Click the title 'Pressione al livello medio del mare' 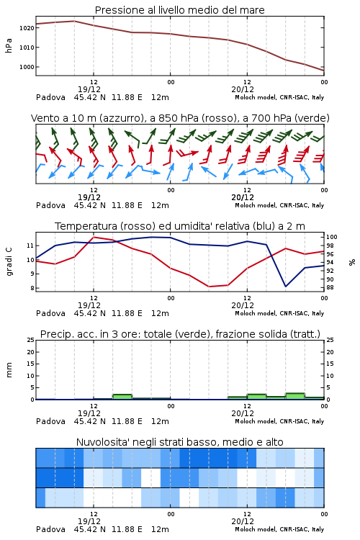[x=179, y=10]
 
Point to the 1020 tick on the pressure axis [x=27, y=28]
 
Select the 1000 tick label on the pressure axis [x=27, y=67]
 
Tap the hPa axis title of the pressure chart [x=9, y=46]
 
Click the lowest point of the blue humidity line [x=286, y=286]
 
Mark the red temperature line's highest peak [x=94, y=237]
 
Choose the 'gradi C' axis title [x=9, y=262]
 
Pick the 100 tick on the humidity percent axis [x=332, y=237]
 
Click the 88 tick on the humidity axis [x=330, y=287]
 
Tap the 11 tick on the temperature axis [x=30, y=246]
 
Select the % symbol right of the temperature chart [x=352, y=262]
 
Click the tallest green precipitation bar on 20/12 [x=295, y=396]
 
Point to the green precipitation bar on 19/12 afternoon [x=122, y=397]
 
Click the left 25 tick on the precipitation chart [x=30, y=340]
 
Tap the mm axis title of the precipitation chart [x=9, y=370]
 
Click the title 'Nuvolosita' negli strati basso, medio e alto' [x=179, y=442]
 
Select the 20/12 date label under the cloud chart [x=243, y=521]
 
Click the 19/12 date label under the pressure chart [x=89, y=89]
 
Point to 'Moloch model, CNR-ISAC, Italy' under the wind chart [x=279, y=205]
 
